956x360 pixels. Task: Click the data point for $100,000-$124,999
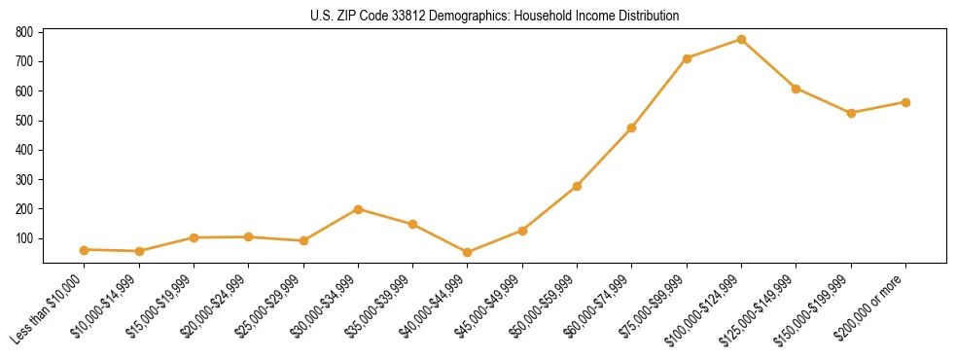(741, 40)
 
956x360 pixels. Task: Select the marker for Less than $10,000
(85, 250)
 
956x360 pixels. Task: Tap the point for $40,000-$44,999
(468, 252)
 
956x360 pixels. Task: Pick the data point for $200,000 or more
(905, 102)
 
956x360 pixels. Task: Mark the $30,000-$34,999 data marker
(358, 209)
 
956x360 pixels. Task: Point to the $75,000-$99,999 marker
(687, 58)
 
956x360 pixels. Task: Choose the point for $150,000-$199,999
(851, 113)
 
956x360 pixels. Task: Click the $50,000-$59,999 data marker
(577, 186)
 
